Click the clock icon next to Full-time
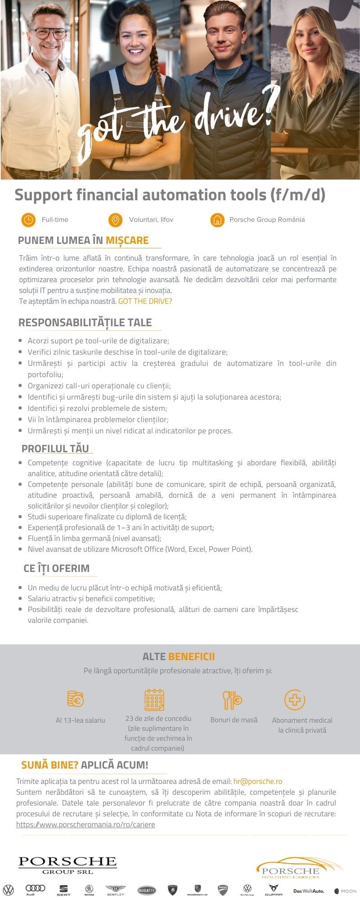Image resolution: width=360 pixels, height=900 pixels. coord(28,220)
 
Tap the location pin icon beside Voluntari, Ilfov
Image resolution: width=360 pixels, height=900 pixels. coord(116,220)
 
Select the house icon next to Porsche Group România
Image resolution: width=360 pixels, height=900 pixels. coord(217,220)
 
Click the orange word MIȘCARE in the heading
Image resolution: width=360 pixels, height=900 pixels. coord(127,240)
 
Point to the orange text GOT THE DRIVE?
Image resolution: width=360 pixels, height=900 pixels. coord(145,301)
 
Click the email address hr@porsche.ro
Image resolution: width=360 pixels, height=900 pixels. coord(258,781)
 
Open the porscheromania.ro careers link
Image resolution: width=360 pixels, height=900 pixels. coord(85,824)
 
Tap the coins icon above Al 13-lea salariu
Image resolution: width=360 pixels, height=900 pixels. coord(76,699)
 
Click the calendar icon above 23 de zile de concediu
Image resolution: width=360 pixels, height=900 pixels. coord(154,700)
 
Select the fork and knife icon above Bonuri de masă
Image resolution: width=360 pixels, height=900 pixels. coord(232,700)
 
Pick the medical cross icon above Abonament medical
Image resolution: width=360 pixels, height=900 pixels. coord(295,700)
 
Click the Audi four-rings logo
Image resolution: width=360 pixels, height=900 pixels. coord(35,888)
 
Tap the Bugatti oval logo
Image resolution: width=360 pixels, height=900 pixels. coord(147,890)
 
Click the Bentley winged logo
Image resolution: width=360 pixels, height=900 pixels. coord(116,889)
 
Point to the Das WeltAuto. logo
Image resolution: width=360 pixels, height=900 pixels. coord(309,891)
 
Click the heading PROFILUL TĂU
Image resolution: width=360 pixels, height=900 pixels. coord(55,448)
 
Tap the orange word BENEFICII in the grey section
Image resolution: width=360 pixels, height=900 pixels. coord(192,657)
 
